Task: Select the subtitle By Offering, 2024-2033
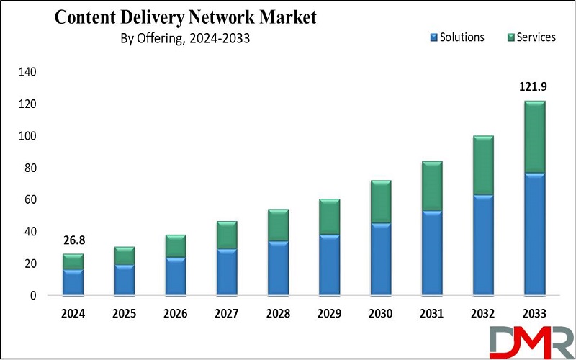point(185,39)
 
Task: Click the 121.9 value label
point(534,87)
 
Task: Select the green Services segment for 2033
point(534,137)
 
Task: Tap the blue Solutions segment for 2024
point(73,282)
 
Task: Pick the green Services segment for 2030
point(380,202)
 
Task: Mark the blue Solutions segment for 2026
point(175,276)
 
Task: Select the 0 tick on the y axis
point(32,295)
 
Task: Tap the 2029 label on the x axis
point(329,313)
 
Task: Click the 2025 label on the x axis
point(124,313)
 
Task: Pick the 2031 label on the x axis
point(431,313)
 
